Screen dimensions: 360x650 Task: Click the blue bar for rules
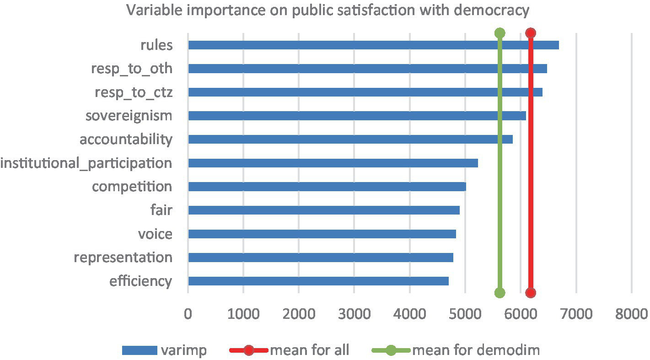point(373,45)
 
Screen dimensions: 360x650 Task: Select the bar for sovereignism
point(357,116)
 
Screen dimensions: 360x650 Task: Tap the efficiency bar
point(318,281)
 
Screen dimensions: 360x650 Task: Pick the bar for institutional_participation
point(333,163)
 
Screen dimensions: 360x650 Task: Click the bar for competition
point(327,187)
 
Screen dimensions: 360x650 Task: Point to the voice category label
point(155,234)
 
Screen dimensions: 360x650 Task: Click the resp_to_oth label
point(132,69)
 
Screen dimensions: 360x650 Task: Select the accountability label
point(126,139)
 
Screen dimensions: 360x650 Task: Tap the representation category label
point(123,257)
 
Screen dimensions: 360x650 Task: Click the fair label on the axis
point(161,210)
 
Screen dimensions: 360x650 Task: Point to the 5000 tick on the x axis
point(465,314)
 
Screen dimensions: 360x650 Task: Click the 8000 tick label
point(631,314)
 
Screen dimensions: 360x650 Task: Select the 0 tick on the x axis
point(188,314)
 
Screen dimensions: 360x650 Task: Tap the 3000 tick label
point(354,314)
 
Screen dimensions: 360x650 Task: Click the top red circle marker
point(531,33)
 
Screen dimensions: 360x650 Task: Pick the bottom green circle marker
point(500,293)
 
